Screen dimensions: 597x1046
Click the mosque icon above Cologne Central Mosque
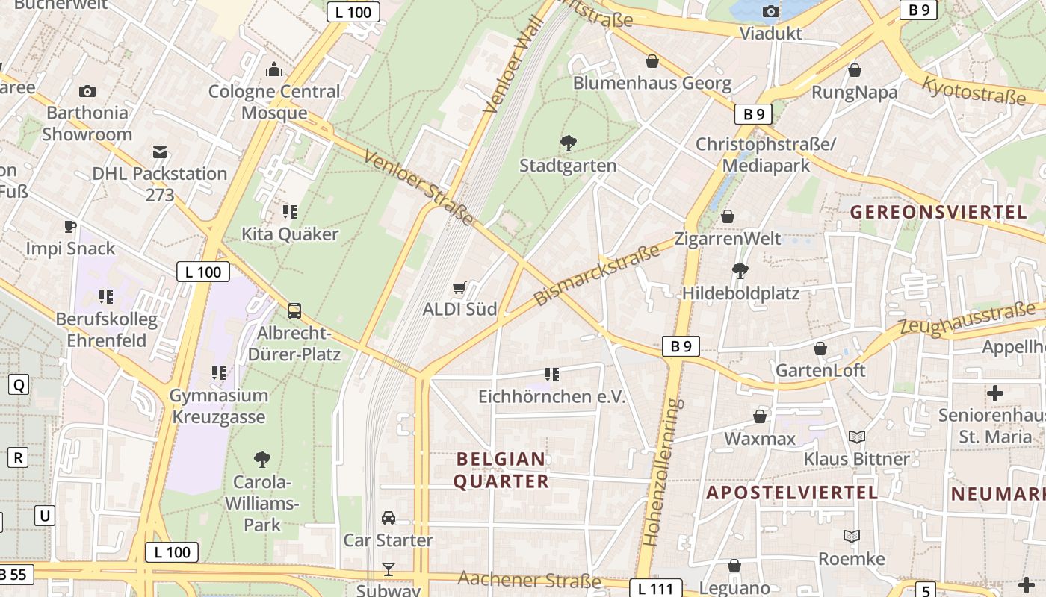click(x=274, y=70)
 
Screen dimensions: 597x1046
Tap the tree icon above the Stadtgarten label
click(x=568, y=143)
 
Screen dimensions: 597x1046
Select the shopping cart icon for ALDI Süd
click(x=459, y=287)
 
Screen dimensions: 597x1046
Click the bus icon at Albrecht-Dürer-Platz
click(x=294, y=310)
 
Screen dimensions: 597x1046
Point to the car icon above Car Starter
click(x=389, y=518)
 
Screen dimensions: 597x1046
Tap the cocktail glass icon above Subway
click(x=389, y=569)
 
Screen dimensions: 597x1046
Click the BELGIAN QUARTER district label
click(x=501, y=470)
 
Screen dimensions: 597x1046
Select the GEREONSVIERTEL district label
click(x=939, y=212)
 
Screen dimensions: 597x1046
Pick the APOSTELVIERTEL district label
click(x=792, y=493)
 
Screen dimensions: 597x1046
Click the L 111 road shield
click(x=656, y=588)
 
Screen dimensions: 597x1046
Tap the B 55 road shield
click(x=13, y=575)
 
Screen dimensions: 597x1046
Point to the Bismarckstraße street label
click(x=598, y=275)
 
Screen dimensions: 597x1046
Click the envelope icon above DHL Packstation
click(x=159, y=152)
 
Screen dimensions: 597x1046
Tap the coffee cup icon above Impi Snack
click(x=70, y=226)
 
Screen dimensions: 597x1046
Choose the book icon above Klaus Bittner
click(x=857, y=437)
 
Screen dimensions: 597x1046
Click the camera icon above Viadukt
click(x=770, y=11)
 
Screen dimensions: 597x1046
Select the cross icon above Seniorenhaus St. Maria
click(x=995, y=393)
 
